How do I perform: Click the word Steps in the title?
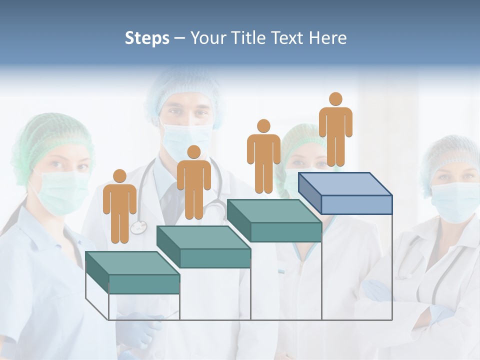(147, 38)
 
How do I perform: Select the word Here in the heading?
(328, 38)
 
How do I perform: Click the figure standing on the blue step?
(335, 130)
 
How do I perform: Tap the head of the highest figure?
(335, 99)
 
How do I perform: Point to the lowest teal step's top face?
(132, 263)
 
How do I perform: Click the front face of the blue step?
(356, 204)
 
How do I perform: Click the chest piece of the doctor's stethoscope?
(138, 228)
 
